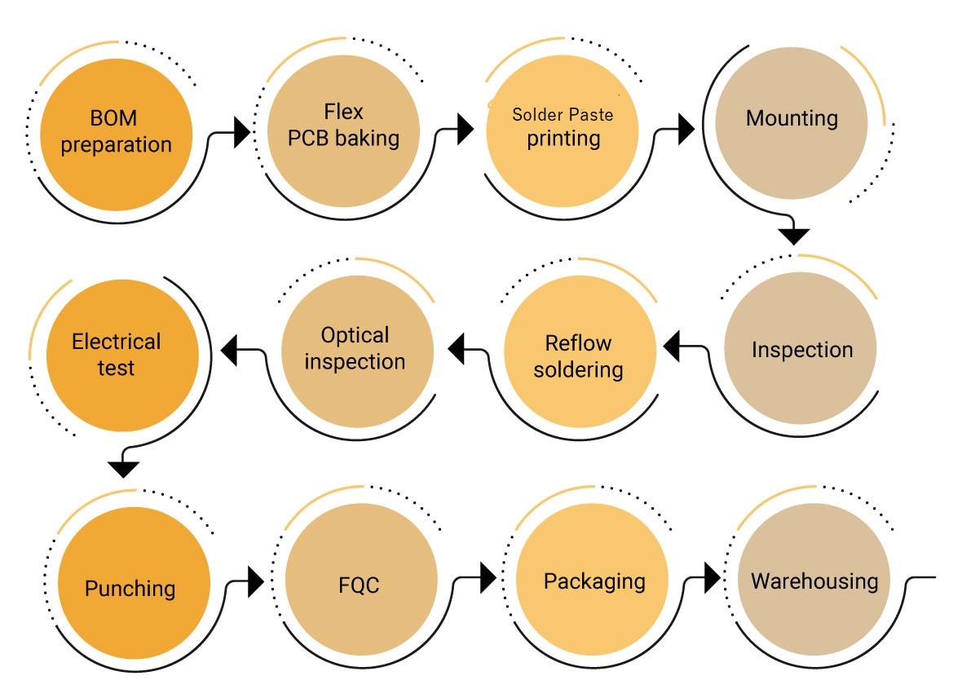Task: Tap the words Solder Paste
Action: [x=563, y=115]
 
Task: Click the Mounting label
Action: [x=792, y=118]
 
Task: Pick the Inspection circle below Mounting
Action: [x=801, y=350]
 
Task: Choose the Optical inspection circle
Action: [x=355, y=348]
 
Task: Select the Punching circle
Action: [x=130, y=587]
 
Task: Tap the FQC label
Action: [x=360, y=585]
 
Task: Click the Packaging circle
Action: [x=594, y=581]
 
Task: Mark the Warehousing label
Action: [x=814, y=581]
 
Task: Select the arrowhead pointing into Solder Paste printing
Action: [x=466, y=128]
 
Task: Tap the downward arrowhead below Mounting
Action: [x=793, y=236]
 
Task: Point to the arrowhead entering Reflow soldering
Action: [x=672, y=346]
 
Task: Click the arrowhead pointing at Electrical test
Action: [x=231, y=348]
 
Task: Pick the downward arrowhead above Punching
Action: [x=124, y=469]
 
